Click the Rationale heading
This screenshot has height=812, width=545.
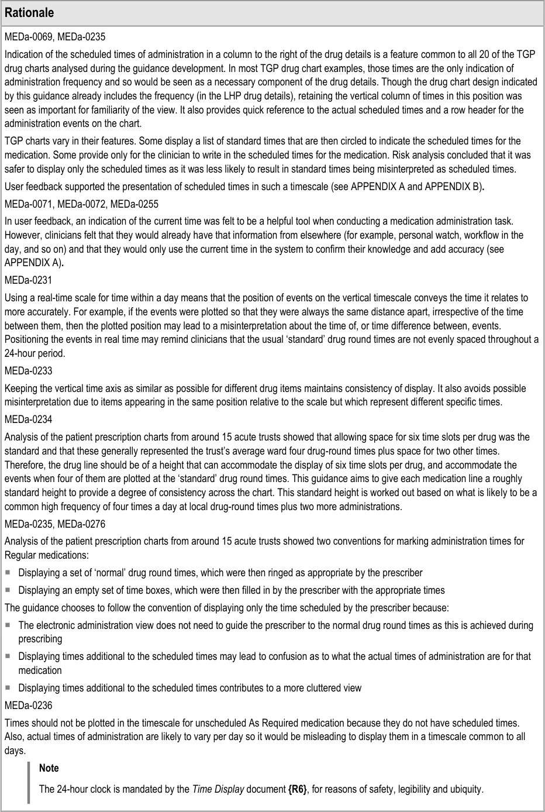click(x=29, y=13)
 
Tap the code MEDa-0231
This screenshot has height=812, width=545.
click(x=28, y=280)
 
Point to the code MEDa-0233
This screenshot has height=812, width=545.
click(x=28, y=371)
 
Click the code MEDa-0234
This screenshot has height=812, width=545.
click(x=28, y=419)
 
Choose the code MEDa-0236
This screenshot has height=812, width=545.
click(x=28, y=706)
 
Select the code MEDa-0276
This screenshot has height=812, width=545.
click(x=81, y=524)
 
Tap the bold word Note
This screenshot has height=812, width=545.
click(x=49, y=768)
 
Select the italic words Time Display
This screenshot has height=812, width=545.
click(x=217, y=789)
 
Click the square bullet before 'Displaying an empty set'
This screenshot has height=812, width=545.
click(x=9, y=590)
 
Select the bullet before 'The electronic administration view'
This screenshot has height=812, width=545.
click(x=9, y=625)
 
